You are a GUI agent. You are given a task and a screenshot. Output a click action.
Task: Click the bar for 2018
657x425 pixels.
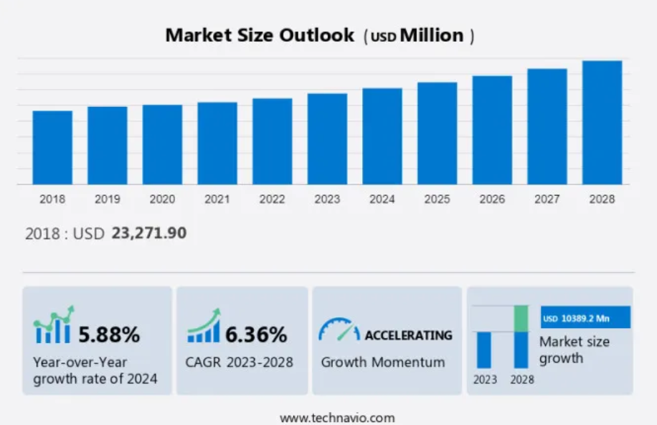[52, 147]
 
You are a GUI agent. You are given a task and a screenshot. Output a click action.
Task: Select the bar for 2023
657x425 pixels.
[327, 139]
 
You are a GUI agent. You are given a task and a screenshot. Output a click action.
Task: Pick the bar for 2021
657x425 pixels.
[217, 143]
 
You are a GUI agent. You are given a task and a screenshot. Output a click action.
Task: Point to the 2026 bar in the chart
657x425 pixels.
[492, 130]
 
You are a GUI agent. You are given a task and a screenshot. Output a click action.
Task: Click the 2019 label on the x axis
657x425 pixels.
[108, 199]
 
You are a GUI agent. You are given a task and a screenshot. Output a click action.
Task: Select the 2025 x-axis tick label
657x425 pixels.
[437, 199]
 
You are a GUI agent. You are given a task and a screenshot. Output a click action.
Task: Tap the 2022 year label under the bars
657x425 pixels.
[272, 199]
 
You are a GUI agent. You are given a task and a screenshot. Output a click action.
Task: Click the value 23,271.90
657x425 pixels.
[149, 233]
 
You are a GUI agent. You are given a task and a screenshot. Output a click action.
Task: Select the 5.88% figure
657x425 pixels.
[109, 334]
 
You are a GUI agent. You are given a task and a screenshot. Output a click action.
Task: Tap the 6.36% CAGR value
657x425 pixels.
[256, 334]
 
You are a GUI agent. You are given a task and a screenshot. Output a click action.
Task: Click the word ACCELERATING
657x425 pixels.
[408, 335]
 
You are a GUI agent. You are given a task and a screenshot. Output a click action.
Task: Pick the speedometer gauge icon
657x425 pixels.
[339, 330]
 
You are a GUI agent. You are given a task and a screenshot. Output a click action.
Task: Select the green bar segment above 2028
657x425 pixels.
[521, 318]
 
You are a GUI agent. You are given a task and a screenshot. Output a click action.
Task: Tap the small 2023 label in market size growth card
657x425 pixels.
[485, 380]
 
